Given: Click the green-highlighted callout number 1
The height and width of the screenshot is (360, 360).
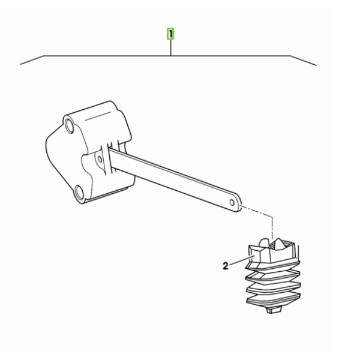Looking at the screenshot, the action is pos(170,34).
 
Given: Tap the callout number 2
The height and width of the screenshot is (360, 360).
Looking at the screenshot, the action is pos(226,266).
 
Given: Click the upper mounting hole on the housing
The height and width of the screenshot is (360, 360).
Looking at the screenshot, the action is pos(69,125).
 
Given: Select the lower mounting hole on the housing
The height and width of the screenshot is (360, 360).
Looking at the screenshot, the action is pos(80,192).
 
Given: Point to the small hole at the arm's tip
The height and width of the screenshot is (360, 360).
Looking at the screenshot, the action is pos(232,203).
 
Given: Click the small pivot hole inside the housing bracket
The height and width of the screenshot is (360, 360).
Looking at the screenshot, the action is pos(100,159).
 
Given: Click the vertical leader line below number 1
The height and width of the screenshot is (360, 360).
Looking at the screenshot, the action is pos(170,47).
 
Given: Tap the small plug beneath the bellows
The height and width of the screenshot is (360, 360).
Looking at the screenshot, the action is pos(274,310).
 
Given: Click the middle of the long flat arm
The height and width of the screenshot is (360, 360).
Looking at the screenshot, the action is pos(175,179).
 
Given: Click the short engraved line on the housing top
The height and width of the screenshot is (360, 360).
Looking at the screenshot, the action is pos(98,116).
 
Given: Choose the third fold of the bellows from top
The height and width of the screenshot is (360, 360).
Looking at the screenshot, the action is pos(274,287).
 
